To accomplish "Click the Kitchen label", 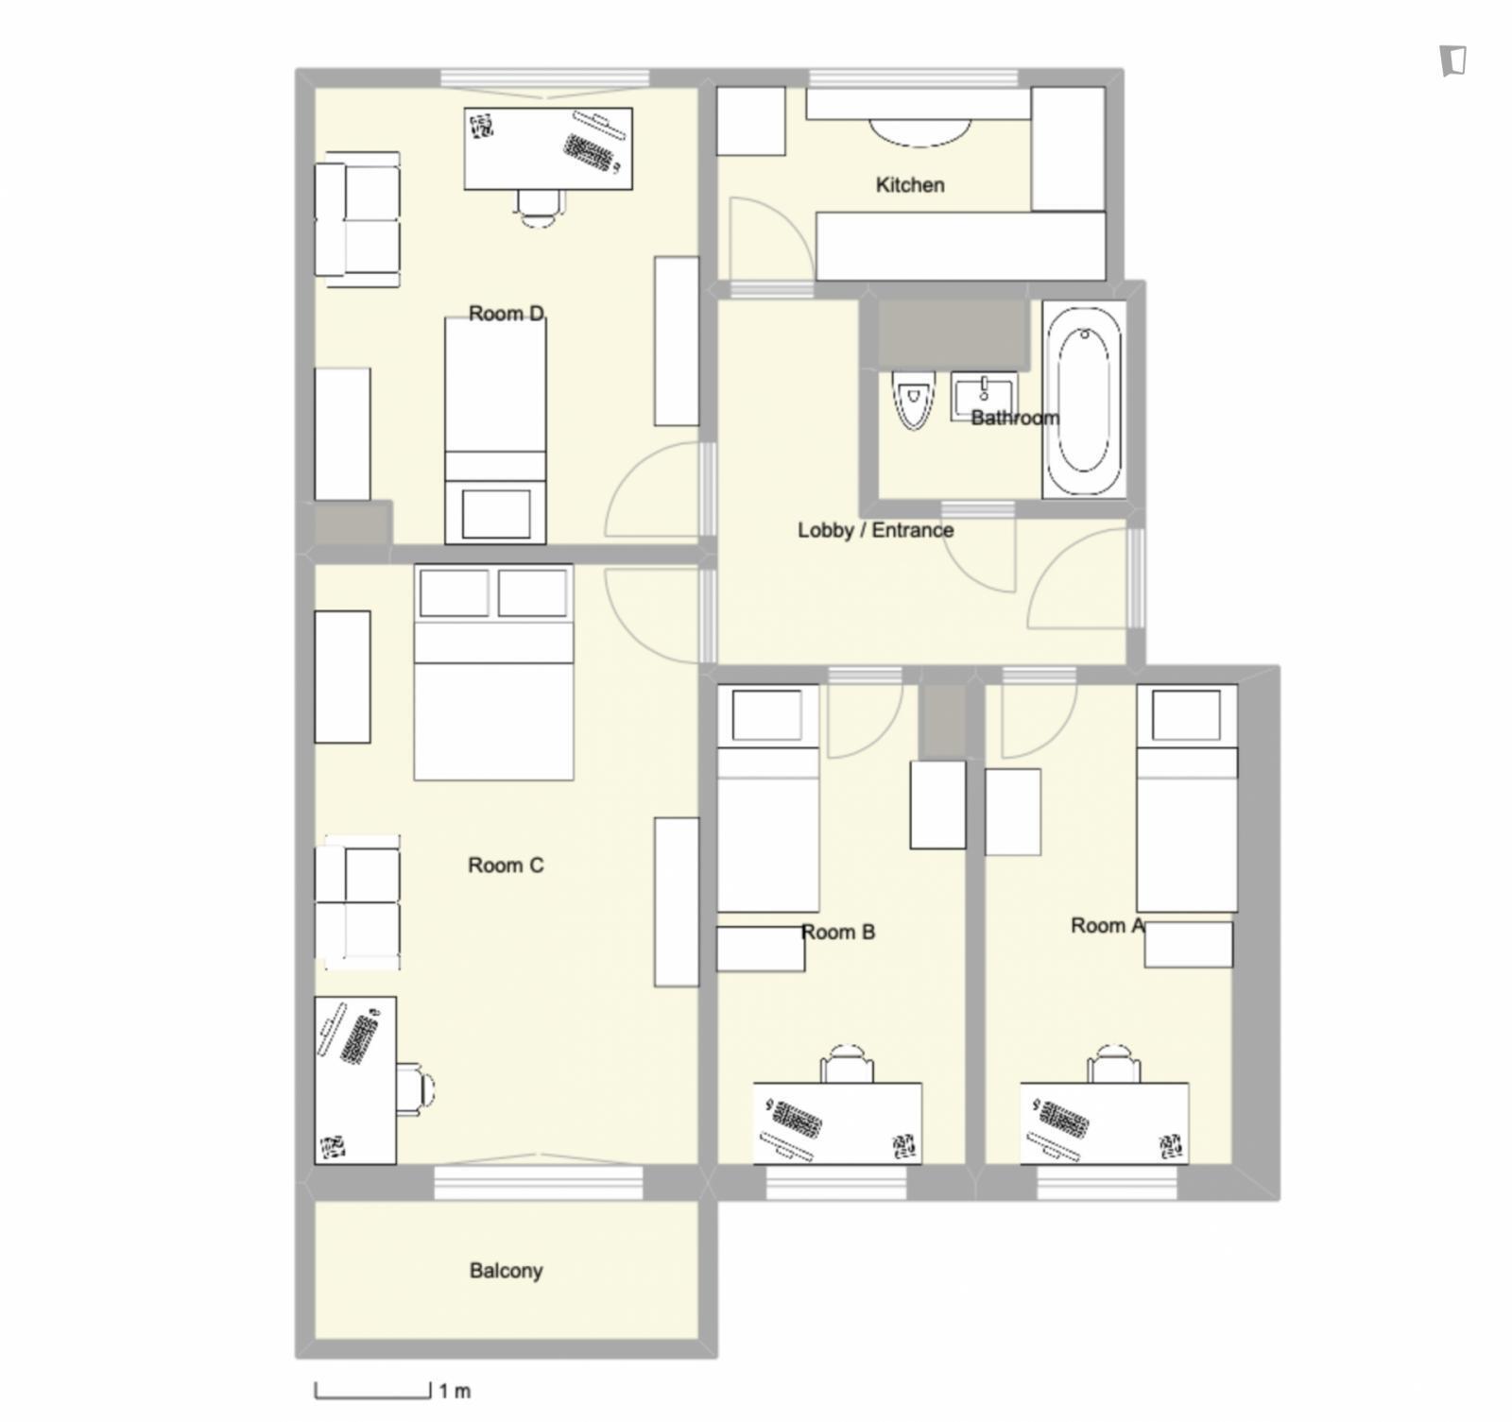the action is coord(909,185).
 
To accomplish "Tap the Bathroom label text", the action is coord(1015,418).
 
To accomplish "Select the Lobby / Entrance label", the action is coord(875,530).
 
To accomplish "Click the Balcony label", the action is coord(506,1271).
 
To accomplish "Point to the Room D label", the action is coord(507,313).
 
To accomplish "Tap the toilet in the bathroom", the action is coord(914,400).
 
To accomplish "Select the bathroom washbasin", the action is coord(984,395).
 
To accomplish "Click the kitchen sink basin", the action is coord(919,132).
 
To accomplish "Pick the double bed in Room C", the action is coord(493,673).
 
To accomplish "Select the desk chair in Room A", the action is coord(1114,1064).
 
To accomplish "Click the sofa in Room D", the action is coord(357,219).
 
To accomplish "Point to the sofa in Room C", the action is coord(357,902).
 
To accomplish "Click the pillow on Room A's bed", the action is coord(1187,714).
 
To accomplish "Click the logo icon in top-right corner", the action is coord(1453,60).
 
